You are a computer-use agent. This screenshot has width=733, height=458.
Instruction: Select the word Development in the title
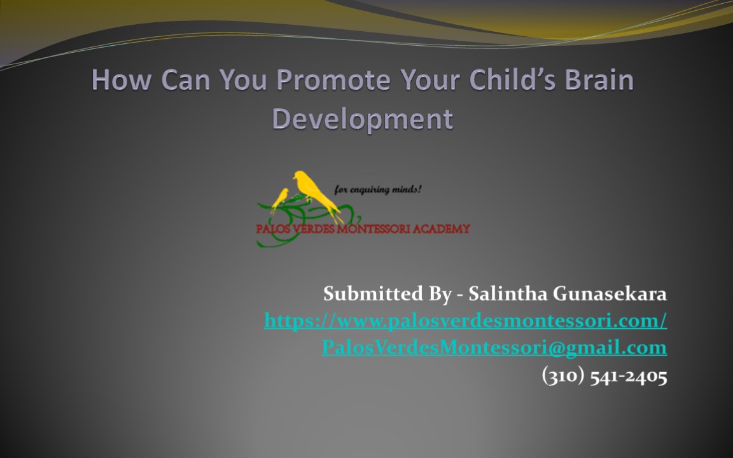363,118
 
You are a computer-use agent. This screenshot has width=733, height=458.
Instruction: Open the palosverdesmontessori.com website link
465,321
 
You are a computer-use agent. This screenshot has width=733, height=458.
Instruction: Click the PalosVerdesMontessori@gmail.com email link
494,347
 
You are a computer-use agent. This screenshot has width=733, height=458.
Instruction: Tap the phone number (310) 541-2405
604,376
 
